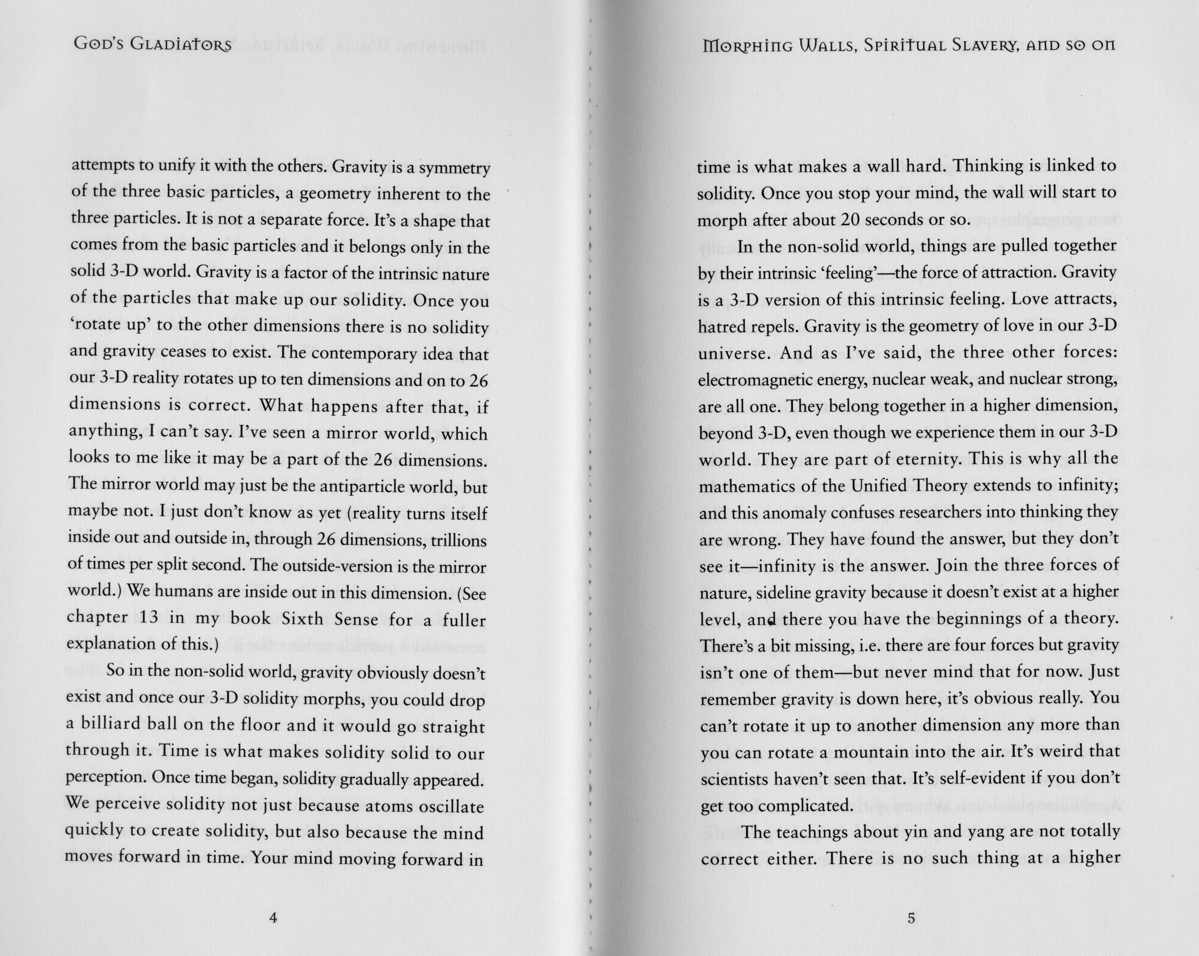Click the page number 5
tap(911, 918)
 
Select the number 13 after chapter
tap(150, 618)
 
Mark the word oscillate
tap(448, 807)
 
